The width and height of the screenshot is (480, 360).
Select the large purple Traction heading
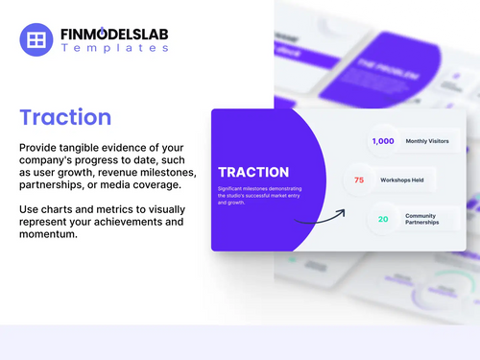65,118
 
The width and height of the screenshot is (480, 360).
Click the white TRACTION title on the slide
254,172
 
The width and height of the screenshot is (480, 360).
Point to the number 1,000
383,141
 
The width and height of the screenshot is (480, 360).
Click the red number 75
359,180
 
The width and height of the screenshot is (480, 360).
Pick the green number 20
383,219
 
